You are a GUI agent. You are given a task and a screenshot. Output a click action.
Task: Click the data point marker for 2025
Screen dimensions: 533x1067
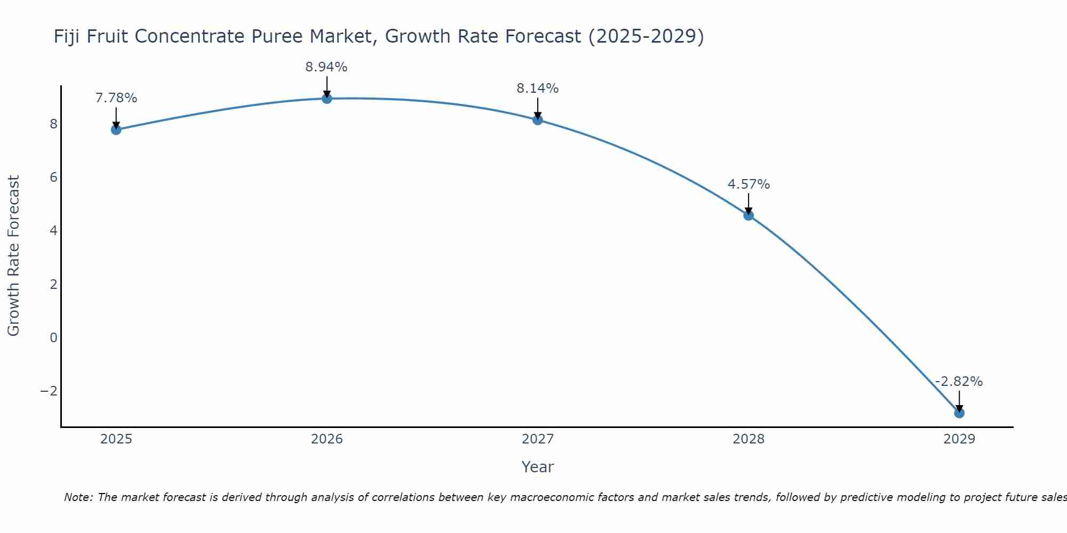[x=116, y=130]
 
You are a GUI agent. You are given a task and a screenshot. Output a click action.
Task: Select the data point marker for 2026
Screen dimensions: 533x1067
[x=327, y=99]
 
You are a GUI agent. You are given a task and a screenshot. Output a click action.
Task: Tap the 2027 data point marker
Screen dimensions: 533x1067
[x=538, y=120]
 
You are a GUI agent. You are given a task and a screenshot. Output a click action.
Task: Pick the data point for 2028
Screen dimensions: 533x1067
[x=749, y=215]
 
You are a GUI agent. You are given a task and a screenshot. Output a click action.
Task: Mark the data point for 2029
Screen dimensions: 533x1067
[x=959, y=413]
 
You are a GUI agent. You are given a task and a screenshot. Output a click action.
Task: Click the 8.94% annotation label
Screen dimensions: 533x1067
[x=326, y=67]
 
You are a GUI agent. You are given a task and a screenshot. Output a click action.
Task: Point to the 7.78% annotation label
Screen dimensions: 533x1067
[x=116, y=98]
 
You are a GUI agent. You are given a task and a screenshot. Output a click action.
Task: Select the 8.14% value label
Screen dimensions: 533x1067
[x=537, y=88]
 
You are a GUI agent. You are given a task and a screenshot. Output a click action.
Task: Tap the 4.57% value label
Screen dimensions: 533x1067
[x=749, y=184]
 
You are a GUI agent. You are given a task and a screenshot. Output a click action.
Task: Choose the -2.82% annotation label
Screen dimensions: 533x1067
[x=959, y=382]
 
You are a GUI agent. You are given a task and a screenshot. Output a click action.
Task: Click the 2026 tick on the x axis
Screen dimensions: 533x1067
[x=327, y=439]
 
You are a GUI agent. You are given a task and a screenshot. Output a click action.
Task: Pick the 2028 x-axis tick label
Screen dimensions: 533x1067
[x=749, y=439]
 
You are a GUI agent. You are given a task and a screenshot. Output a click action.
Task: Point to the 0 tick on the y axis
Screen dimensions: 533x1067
[x=53, y=337]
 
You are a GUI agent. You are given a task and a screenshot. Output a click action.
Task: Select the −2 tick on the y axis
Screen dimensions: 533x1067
[x=49, y=391]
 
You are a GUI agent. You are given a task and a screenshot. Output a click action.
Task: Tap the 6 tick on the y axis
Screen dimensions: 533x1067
[x=53, y=177]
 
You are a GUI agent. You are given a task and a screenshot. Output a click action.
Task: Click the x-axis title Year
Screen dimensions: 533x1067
[x=537, y=467]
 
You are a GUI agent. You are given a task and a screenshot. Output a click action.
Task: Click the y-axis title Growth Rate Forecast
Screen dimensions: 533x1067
[x=13, y=256]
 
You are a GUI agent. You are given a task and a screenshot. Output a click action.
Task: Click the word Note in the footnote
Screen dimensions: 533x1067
[x=78, y=497]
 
